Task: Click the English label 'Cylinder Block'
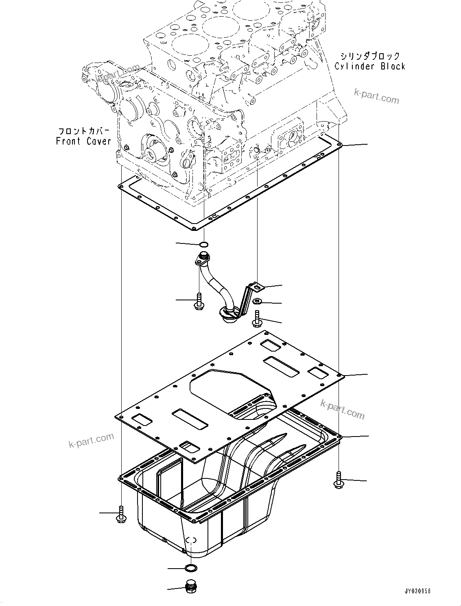(370, 66)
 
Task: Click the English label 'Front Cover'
(83, 141)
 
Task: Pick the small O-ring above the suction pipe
(204, 245)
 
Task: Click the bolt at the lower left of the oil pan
(121, 514)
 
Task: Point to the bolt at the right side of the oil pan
(338, 480)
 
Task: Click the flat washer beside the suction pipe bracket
(257, 302)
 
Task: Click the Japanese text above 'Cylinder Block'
(370, 56)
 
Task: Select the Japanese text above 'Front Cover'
(83, 131)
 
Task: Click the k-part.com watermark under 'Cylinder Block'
(376, 97)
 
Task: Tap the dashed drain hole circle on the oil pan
(191, 540)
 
